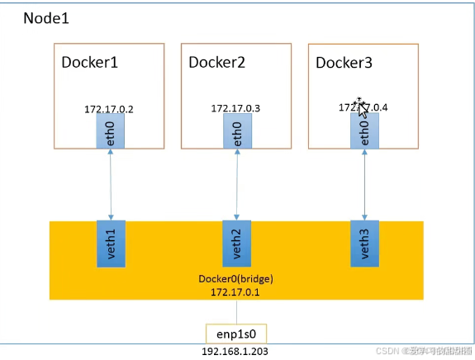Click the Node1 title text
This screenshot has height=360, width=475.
45,18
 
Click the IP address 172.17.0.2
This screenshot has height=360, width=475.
108,109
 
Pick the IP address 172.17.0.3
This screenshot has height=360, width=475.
235,109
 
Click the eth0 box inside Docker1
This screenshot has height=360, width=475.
110,131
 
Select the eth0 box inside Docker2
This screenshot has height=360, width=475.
236,131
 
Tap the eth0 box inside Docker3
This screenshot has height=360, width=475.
364,131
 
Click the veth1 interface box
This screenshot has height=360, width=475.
110,244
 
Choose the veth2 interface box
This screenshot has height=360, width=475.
236,244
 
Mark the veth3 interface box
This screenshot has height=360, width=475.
364,244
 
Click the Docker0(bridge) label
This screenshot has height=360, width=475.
236,279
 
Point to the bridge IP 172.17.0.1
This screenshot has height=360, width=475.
236,292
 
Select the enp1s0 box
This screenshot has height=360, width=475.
236,334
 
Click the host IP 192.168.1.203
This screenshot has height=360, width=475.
236,352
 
